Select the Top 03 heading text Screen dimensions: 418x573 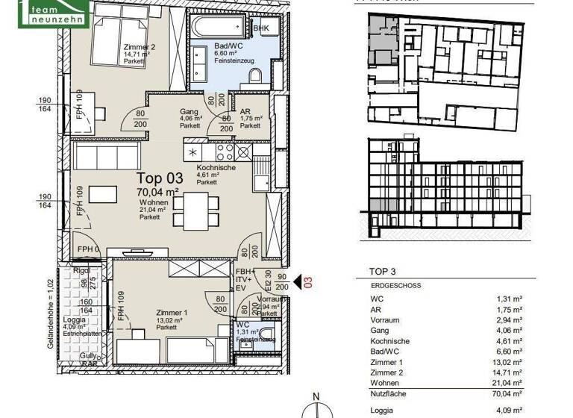pos(159,178)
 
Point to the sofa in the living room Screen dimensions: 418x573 pos(106,157)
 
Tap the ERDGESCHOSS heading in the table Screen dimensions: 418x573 pos(395,286)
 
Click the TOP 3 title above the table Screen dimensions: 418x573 pos(385,271)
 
